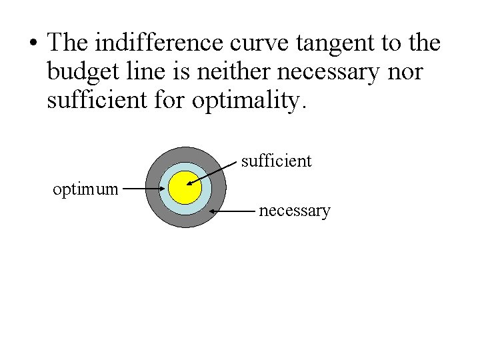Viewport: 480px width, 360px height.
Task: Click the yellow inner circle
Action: [185, 188]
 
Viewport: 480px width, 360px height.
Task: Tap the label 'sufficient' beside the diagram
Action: [276, 161]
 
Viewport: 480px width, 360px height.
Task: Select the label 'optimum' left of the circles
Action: [85, 189]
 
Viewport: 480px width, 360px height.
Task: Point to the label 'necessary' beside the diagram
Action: [294, 211]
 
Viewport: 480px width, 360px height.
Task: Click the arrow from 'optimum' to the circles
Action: [143, 189]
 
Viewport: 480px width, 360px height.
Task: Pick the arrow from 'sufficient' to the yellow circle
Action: [213, 172]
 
